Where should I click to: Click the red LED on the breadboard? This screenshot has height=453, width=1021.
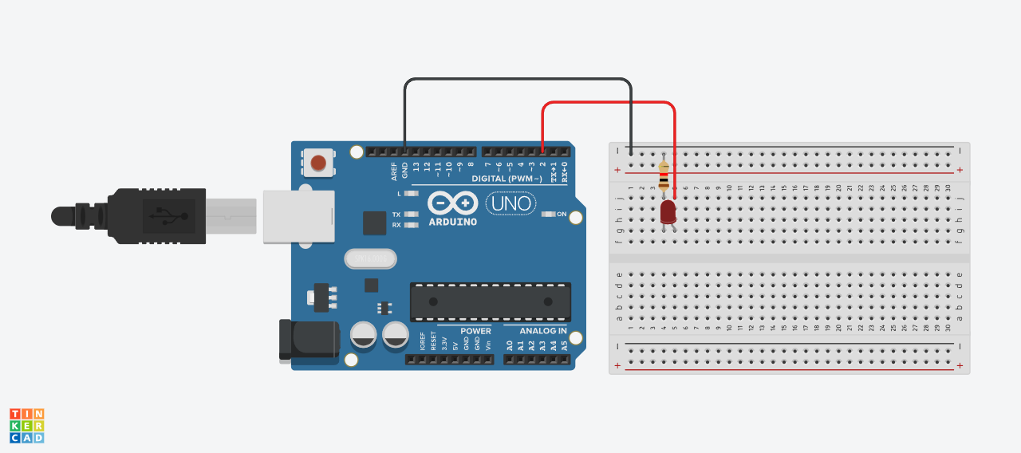(x=668, y=212)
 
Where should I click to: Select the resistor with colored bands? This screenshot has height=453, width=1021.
(x=664, y=175)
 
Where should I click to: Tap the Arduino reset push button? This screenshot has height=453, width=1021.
(x=318, y=163)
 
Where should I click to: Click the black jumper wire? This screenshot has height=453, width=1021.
(x=518, y=79)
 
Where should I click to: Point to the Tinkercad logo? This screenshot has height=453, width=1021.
(x=26, y=426)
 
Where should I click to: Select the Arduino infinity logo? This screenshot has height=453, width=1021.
(x=452, y=203)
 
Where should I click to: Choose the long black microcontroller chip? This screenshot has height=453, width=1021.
(x=491, y=301)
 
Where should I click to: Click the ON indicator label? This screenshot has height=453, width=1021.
(x=562, y=214)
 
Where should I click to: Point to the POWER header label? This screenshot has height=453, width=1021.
(x=475, y=331)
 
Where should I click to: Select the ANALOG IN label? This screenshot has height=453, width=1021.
(x=543, y=331)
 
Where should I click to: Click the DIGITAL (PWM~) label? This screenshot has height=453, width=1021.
(x=508, y=179)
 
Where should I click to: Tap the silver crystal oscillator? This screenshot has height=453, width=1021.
(x=371, y=258)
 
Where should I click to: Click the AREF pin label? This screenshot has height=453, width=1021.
(x=394, y=171)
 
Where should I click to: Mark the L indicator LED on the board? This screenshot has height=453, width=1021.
(x=412, y=193)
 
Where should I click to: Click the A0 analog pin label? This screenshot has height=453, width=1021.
(x=509, y=345)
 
